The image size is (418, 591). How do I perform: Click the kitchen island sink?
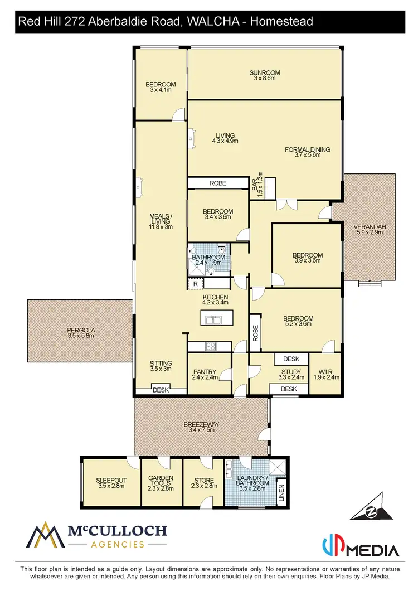coord(212,320)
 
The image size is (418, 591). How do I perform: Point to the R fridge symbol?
coord(195,284)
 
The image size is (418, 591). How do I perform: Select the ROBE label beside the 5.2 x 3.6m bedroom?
coord(255,333)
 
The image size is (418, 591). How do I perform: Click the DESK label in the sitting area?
coord(161,390)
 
